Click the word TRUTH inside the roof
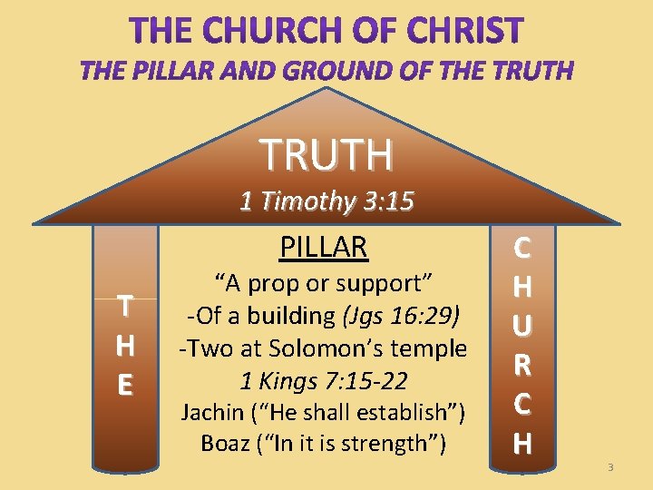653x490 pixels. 326,154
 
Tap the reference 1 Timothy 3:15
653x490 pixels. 326,201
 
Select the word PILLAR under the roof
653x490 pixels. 324,246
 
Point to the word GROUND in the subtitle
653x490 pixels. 320,71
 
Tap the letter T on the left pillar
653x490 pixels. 126,306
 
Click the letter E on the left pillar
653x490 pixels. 126,386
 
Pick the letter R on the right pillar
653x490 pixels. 522,366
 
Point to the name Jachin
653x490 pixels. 208,413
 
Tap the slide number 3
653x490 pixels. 610,466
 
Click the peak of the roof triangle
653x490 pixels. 326,90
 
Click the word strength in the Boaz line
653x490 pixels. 393,445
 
